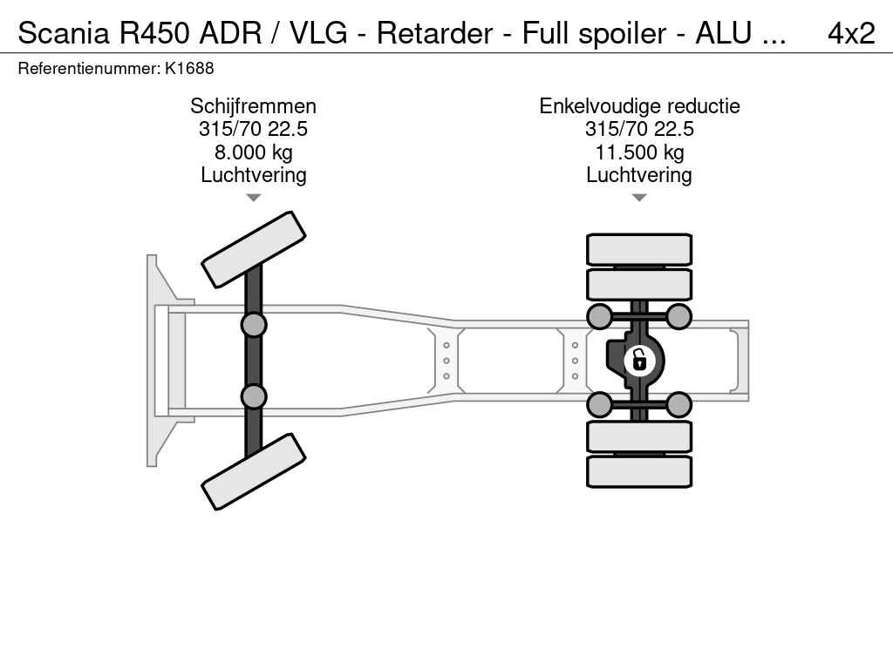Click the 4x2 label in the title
tap(850, 33)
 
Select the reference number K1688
tap(188, 68)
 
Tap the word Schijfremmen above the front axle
tap(253, 106)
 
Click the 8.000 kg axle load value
tap(253, 152)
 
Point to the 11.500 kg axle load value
tap(638, 152)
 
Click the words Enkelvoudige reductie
tap(638, 106)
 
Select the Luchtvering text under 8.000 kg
tap(253, 175)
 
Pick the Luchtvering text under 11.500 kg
tap(638, 175)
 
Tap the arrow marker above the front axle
tap(253, 198)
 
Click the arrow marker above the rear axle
tap(638, 198)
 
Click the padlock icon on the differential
tap(639, 359)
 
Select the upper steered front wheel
tap(253, 249)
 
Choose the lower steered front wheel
tap(253, 471)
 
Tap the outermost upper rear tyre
tap(638, 249)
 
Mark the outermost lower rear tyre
tap(638, 471)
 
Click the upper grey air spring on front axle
tap(253, 325)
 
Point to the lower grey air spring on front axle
tap(253, 396)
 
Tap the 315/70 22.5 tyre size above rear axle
tap(638, 130)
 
